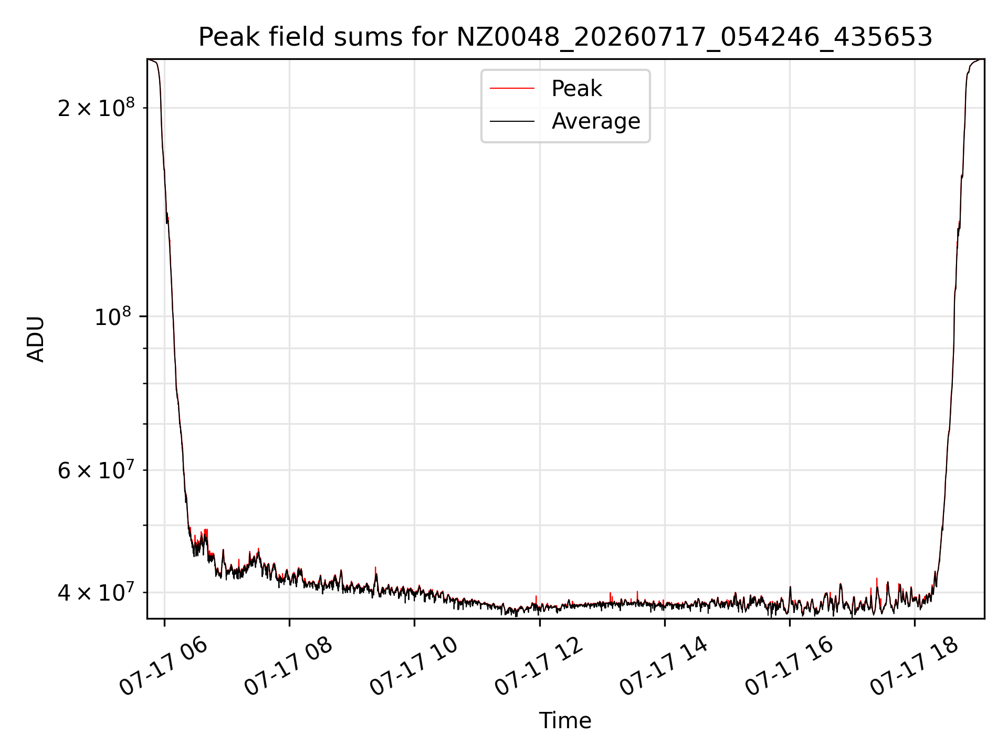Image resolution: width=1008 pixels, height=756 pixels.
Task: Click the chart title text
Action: (565, 37)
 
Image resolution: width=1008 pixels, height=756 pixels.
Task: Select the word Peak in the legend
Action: (576, 89)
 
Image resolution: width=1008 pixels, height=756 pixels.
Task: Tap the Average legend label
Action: (596, 121)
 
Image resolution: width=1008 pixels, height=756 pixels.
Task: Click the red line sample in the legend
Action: (512, 89)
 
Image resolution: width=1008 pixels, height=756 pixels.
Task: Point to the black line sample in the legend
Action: (512, 121)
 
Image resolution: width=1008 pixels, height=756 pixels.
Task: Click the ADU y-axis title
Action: (36, 339)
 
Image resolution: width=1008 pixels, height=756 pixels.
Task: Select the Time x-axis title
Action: (565, 721)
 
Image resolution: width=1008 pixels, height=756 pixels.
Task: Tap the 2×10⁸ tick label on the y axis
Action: (96, 108)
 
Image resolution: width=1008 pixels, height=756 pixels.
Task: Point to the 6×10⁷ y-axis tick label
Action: (96, 470)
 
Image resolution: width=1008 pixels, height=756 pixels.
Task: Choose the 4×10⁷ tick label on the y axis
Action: (96, 592)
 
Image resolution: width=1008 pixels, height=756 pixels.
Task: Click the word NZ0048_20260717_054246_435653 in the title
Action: (695, 38)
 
